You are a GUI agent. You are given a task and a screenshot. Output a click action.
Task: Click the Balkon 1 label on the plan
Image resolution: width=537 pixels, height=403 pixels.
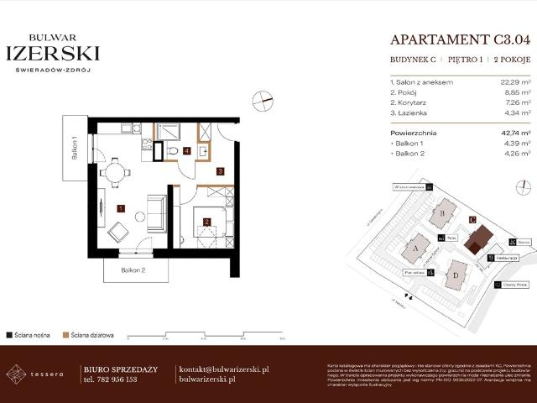coord(75,155)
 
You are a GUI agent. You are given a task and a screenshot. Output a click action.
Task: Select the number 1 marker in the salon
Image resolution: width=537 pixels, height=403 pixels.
coord(121,207)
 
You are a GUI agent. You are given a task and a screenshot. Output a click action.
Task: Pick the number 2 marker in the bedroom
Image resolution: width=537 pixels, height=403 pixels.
coord(206,222)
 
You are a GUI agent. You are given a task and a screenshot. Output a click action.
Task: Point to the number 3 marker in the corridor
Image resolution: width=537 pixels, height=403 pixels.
coord(220,171)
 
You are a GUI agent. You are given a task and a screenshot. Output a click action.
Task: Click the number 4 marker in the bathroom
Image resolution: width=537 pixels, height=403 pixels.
coord(187,152)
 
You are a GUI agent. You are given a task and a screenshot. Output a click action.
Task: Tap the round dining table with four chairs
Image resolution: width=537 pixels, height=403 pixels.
coord(116,172)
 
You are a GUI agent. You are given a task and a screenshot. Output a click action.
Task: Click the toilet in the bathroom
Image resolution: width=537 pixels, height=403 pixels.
coord(172,151)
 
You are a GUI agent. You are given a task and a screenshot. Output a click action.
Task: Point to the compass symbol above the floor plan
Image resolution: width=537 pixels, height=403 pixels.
coord(265,101)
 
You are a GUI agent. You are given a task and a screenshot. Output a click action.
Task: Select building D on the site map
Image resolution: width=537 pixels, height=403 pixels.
coord(456,273)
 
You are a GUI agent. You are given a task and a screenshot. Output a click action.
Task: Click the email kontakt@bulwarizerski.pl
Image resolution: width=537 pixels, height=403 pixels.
coord(224,369)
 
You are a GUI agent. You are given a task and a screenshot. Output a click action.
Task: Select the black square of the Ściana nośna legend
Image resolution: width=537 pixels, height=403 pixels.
coord(9,334)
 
